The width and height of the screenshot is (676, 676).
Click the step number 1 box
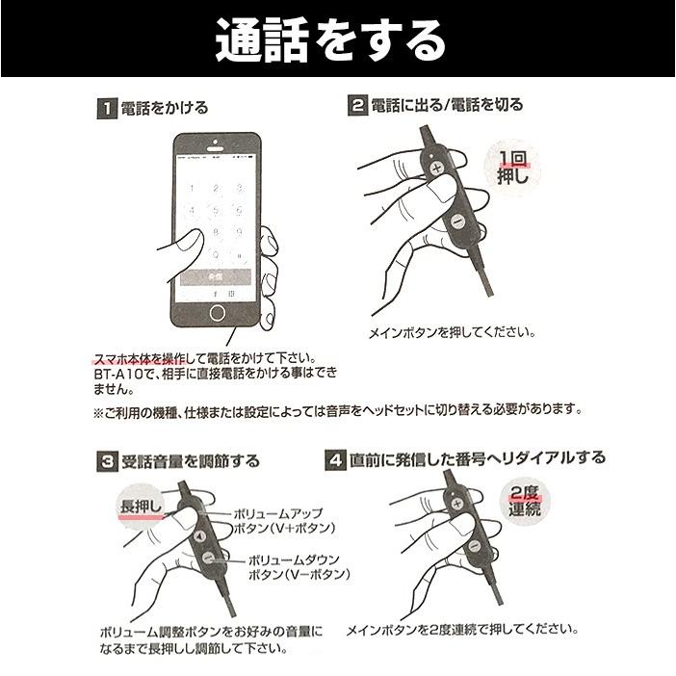pyautogui.click(x=105, y=109)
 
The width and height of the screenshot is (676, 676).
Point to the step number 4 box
pyautogui.click(x=335, y=459)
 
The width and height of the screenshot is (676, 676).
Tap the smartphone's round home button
pyautogui.click(x=218, y=313)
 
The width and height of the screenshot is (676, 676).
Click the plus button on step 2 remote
pyautogui.click(x=438, y=168)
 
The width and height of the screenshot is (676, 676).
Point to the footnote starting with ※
pyautogui.click(x=338, y=409)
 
